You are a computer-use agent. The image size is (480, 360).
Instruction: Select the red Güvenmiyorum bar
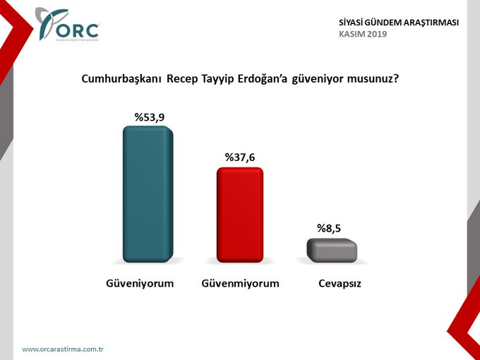239,216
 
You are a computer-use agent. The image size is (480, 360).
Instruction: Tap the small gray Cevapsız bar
332,251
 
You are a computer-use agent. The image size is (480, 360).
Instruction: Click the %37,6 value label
239,157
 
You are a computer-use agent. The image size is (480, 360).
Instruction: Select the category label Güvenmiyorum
241,284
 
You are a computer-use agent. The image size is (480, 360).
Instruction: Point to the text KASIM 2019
363,34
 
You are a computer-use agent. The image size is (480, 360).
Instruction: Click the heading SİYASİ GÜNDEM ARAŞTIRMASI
399,23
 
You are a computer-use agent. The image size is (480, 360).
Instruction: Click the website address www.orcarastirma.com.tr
64,349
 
